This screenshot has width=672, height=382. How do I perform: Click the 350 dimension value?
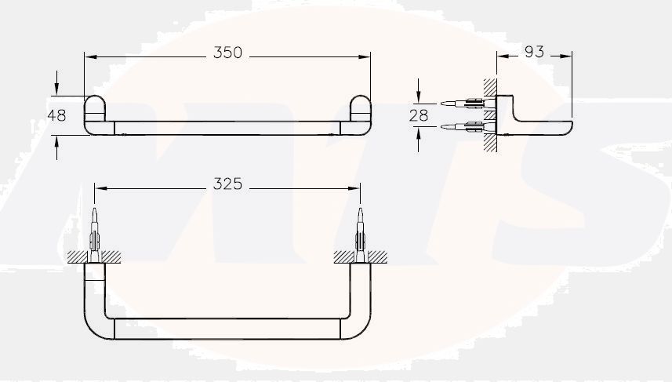[227, 53]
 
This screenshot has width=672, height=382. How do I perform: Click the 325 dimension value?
[227, 184]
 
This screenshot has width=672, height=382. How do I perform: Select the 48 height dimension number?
[56, 115]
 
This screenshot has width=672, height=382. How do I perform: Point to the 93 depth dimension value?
[533, 52]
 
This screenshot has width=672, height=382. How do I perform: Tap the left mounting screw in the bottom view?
[95, 231]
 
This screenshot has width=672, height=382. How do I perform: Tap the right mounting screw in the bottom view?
[361, 231]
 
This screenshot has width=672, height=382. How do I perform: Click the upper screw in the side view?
[463, 102]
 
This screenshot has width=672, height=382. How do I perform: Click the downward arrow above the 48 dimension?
[56, 90]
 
